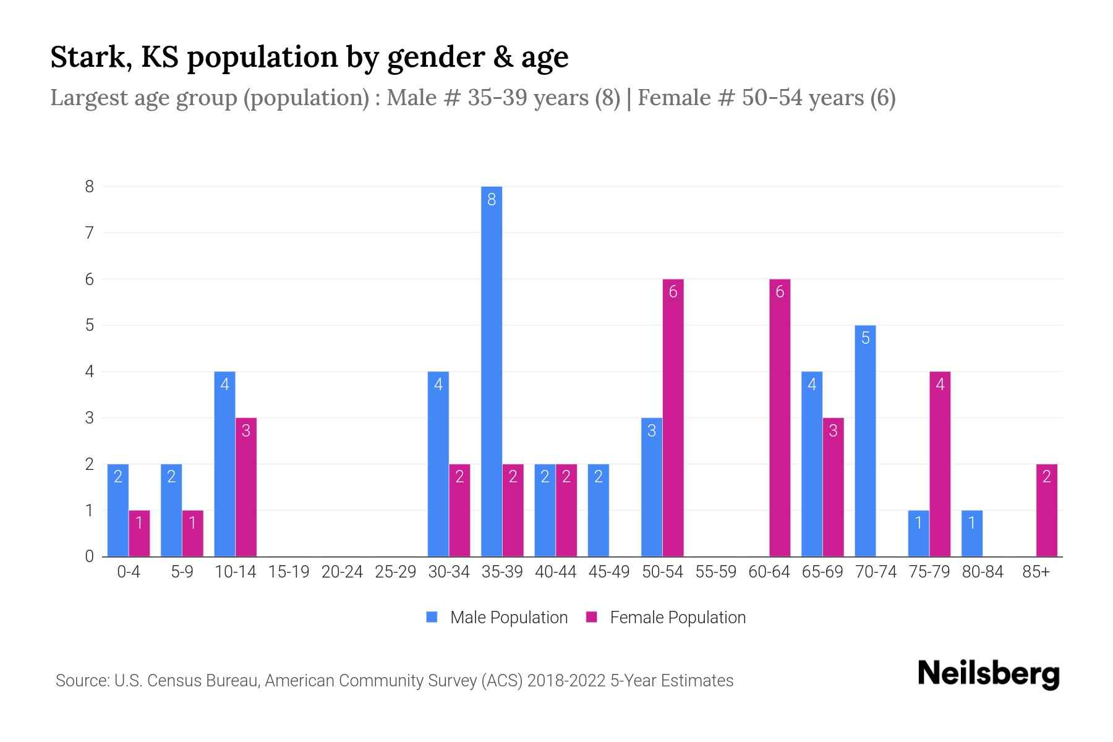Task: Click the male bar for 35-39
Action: (x=492, y=371)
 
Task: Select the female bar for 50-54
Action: (x=673, y=417)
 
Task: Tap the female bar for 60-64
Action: (x=780, y=417)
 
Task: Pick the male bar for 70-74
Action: (x=865, y=440)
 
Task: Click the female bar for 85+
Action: (x=1046, y=510)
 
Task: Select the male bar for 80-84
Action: (x=971, y=533)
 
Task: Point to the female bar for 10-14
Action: (x=246, y=487)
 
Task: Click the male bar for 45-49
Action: (x=598, y=510)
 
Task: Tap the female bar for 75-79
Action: (x=939, y=464)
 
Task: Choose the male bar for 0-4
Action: (x=118, y=510)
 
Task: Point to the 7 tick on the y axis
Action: (x=90, y=233)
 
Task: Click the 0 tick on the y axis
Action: (x=90, y=556)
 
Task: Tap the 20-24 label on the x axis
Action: (x=342, y=572)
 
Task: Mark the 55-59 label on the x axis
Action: (x=715, y=572)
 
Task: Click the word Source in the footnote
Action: (x=81, y=681)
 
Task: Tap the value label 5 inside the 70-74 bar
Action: (x=865, y=338)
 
